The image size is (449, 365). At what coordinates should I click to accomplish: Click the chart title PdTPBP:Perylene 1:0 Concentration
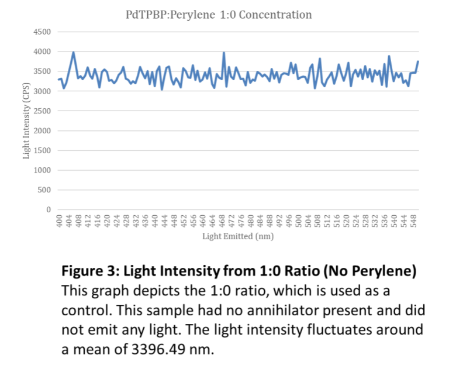click(x=219, y=15)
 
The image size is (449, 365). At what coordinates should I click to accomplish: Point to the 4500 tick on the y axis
click(x=43, y=32)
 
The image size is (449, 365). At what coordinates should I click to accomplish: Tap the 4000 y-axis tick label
click(x=43, y=51)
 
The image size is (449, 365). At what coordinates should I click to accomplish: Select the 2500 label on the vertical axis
click(x=43, y=111)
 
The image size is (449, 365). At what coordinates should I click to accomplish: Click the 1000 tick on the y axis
click(x=43, y=170)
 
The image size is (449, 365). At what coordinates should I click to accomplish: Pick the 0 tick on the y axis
click(x=49, y=209)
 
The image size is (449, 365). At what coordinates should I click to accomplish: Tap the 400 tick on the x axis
click(x=60, y=221)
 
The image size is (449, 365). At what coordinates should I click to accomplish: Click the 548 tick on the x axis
click(x=413, y=221)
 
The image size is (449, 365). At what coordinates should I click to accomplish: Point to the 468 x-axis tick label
click(x=222, y=221)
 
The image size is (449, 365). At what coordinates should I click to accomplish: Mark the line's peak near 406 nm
click(x=73, y=52)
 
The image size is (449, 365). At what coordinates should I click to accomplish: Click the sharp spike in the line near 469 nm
click(x=224, y=53)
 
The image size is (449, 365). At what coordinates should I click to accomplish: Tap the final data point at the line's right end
click(x=418, y=61)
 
